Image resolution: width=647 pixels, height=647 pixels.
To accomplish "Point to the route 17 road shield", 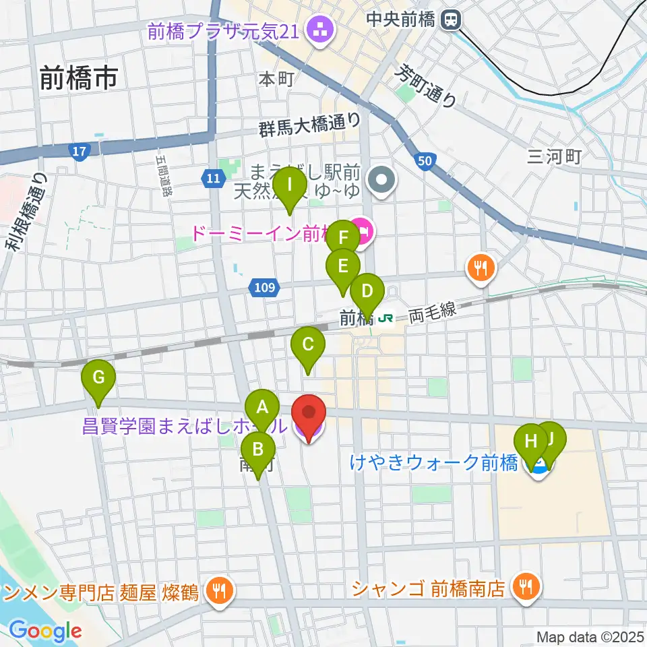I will click(80, 152).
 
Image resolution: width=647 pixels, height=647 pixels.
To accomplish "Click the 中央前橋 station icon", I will click(450, 20).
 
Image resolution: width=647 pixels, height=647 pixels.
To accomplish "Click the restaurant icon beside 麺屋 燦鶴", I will click(218, 592).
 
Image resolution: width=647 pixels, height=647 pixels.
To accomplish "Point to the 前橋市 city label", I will click(78, 78).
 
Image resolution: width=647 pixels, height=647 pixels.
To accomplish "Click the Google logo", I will click(45, 631).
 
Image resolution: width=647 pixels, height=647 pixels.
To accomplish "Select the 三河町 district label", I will click(554, 157).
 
